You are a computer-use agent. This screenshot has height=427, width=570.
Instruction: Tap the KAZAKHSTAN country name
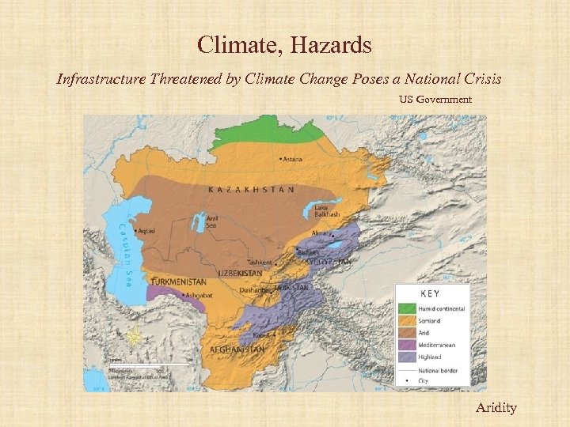click(x=251, y=190)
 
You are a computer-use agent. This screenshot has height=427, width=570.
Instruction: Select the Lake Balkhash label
click(x=326, y=211)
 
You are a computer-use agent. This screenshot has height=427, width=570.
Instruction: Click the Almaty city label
click(x=321, y=235)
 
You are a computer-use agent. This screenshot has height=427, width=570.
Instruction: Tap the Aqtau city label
click(x=146, y=232)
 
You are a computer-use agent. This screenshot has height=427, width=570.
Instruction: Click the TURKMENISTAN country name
click(x=180, y=282)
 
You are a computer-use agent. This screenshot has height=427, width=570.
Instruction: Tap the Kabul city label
click(x=263, y=335)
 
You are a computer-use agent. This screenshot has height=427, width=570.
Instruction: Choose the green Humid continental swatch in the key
click(x=406, y=308)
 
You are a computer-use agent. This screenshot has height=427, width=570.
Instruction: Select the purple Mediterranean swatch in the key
click(x=406, y=345)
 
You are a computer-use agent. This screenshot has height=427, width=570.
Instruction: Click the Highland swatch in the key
click(x=406, y=357)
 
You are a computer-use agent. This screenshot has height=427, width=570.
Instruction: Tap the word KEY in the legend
click(x=431, y=293)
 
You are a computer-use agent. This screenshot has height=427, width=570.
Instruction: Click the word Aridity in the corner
click(x=496, y=407)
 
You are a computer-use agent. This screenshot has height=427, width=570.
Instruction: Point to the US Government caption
click(x=434, y=100)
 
